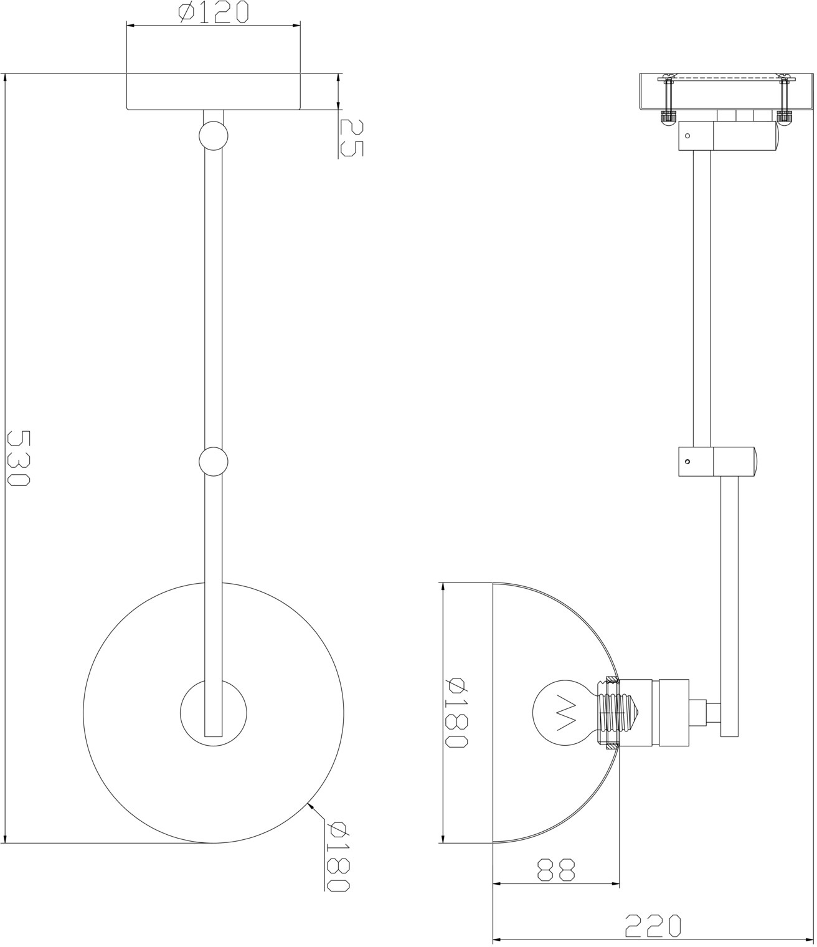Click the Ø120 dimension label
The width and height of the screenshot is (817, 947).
click(214, 12)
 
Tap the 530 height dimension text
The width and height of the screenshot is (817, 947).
click(19, 458)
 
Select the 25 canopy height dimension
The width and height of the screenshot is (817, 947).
click(352, 138)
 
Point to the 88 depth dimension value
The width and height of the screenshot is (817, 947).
click(555, 870)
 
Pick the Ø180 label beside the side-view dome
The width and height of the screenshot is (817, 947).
click(456, 718)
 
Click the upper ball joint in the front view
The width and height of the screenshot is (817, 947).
click(214, 136)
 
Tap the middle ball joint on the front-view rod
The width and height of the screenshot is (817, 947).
click(214, 462)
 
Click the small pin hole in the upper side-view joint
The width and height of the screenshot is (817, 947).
click(687, 136)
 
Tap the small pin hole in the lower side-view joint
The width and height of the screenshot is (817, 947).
click(687, 462)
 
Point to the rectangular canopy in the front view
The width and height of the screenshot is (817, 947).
click(214, 91)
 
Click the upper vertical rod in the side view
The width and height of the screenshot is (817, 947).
click(702, 298)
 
